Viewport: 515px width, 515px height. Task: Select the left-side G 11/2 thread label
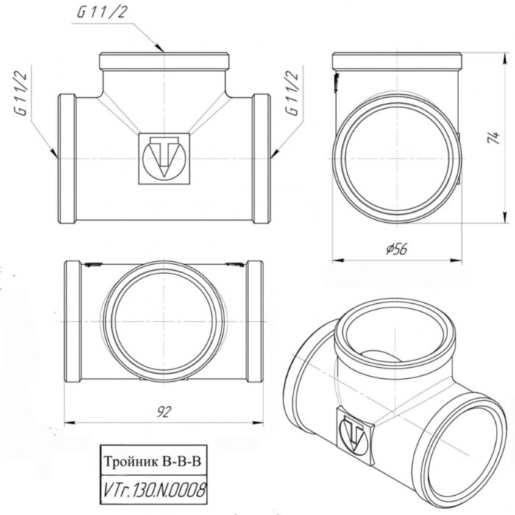(22, 93)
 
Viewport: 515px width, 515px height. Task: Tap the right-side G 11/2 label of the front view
(292, 93)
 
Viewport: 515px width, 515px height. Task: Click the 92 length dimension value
(164, 413)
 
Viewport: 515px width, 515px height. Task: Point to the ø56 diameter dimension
(396, 249)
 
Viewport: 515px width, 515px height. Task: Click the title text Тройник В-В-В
(152, 461)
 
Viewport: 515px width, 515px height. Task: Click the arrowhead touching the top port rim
(163, 49)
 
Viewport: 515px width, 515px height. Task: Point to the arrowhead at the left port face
(54, 156)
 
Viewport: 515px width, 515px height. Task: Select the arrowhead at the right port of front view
(271, 154)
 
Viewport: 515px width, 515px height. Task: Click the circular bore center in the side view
(395, 157)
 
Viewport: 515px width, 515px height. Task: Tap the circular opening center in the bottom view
(164, 321)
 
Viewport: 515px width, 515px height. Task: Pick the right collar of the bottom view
(255, 321)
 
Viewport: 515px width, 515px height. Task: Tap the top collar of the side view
(396, 61)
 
